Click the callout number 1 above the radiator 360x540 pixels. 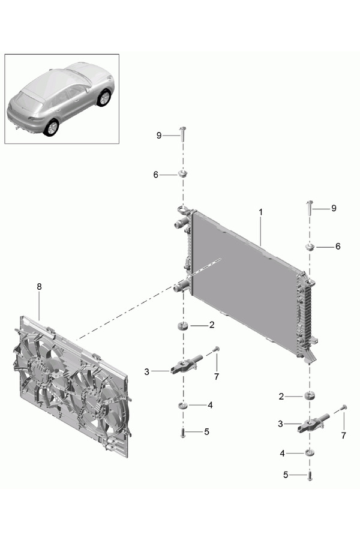click(x=261, y=212)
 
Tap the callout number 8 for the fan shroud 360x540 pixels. click(x=39, y=286)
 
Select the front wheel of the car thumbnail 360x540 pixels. click(x=104, y=97)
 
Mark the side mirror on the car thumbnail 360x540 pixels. click(x=87, y=90)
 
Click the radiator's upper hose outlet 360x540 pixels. click(x=180, y=224)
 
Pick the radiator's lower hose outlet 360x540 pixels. click(x=180, y=286)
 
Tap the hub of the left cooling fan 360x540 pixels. click(x=40, y=369)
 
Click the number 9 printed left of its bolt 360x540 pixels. click(x=159, y=136)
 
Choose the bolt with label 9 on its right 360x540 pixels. click(x=182, y=135)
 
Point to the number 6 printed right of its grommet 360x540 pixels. click(x=338, y=246)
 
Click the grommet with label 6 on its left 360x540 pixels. click(x=182, y=173)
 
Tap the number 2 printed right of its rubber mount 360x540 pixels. click(x=212, y=325)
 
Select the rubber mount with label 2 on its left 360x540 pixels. click(x=310, y=395)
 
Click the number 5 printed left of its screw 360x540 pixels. click(x=286, y=475)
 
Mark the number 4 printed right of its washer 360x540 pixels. click(x=210, y=405)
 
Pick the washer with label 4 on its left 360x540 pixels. click(x=310, y=452)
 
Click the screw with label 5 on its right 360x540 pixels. click(x=183, y=433)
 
